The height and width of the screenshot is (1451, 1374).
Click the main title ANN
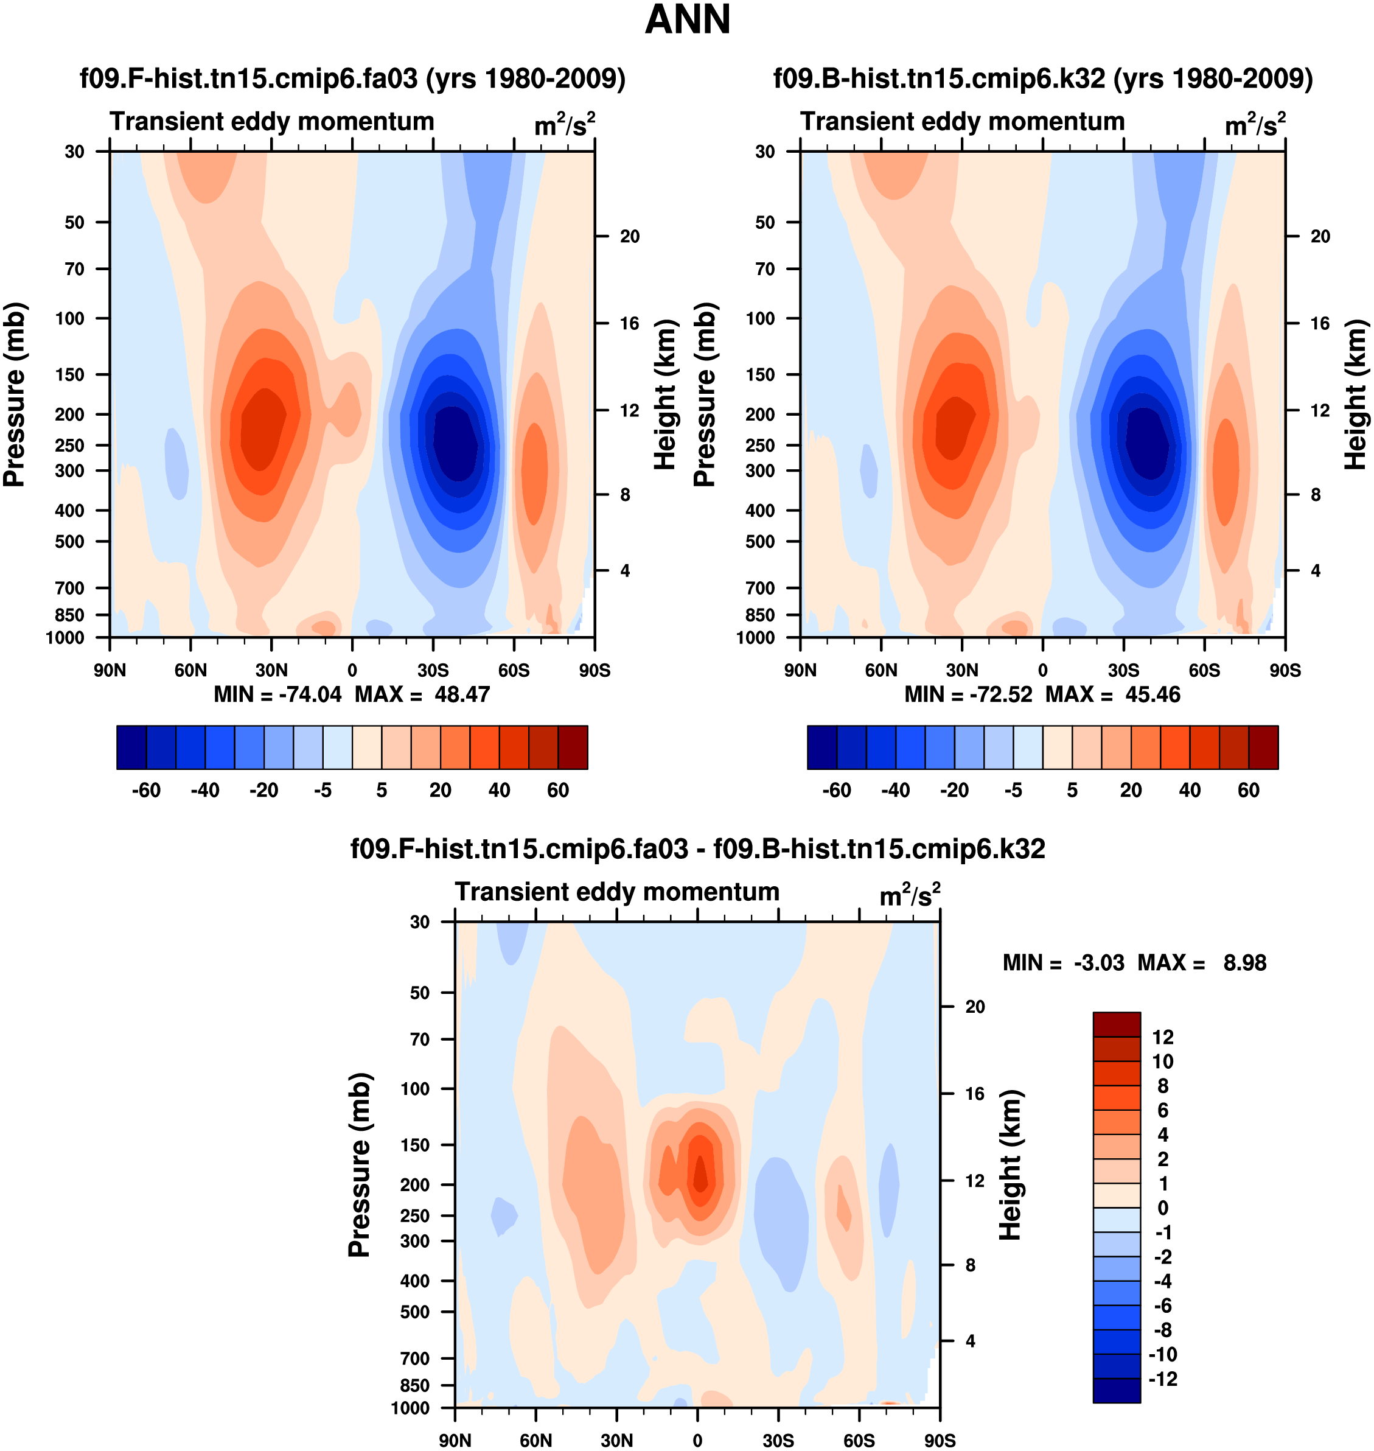tap(687, 19)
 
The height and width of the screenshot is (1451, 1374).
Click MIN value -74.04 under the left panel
tap(310, 694)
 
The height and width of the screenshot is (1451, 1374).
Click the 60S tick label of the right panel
tap(1204, 670)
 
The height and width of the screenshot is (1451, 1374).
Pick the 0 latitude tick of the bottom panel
tap(697, 1441)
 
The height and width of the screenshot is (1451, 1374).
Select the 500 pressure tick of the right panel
tap(760, 541)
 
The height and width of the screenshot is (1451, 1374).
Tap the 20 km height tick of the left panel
tap(629, 237)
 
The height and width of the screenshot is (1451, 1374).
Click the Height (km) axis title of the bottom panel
tap(1010, 1164)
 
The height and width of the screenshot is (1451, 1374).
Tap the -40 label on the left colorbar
tap(205, 791)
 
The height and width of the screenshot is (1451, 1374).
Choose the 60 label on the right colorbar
tap(1248, 791)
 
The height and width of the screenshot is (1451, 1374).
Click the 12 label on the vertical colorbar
tap(1162, 1037)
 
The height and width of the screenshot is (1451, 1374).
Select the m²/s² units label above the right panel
tap(1255, 125)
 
